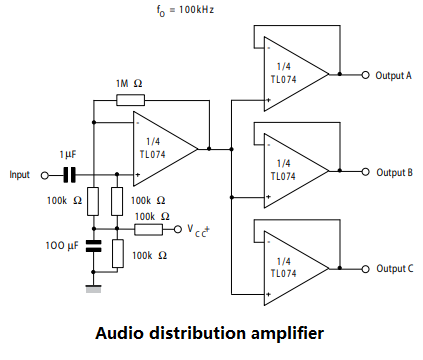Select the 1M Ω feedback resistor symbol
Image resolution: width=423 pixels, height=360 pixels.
tap(130, 99)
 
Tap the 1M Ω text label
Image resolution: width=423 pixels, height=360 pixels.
tap(129, 84)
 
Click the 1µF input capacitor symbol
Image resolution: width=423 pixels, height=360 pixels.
tap(69, 175)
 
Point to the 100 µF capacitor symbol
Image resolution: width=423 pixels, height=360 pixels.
tap(94, 245)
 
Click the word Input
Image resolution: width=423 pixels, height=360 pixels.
tap(20, 175)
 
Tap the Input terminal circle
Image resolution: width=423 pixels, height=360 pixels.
tap(43, 175)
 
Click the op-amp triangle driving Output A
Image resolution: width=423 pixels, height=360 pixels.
tap(291, 73)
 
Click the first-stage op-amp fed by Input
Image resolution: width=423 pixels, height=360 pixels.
tap(166, 148)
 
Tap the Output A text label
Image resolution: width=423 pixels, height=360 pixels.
tap(393, 74)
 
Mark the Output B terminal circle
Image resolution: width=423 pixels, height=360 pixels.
tap(366, 171)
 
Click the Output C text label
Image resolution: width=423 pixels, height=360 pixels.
tap(393, 268)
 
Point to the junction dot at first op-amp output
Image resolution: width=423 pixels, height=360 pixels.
tap(209, 148)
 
